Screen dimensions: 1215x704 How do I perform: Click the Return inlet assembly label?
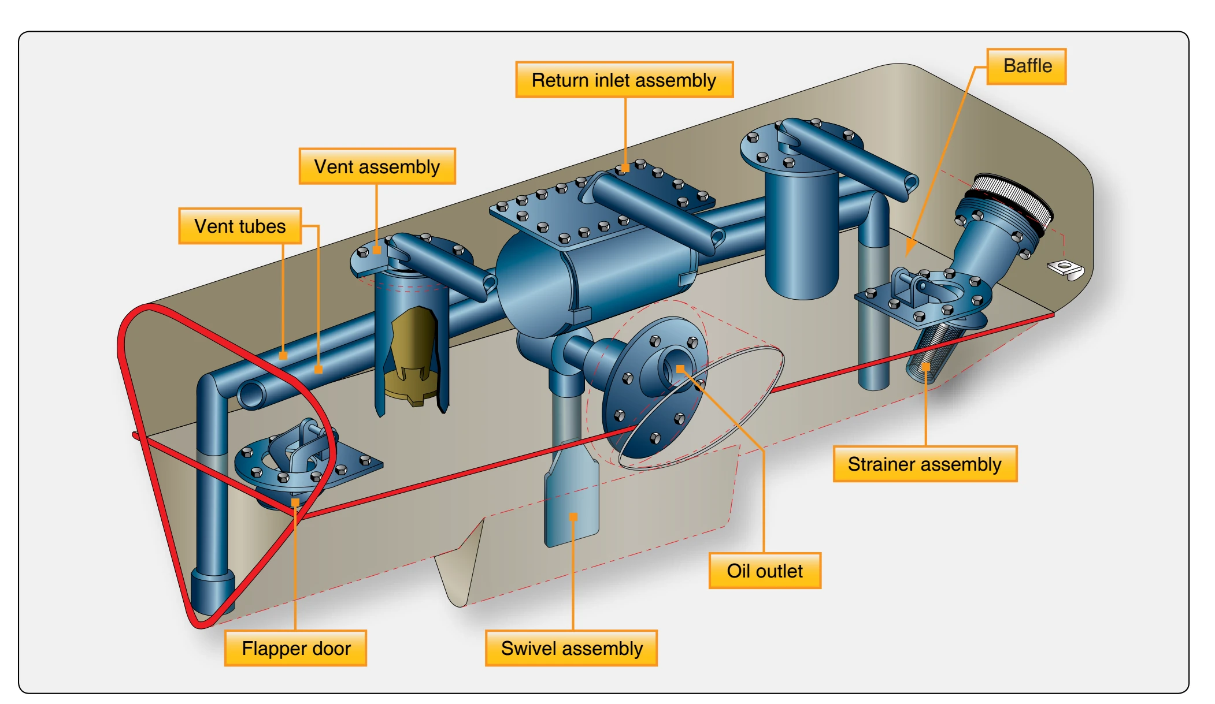click(624, 80)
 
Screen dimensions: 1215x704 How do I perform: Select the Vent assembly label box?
click(377, 166)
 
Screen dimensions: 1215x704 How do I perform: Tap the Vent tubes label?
click(240, 226)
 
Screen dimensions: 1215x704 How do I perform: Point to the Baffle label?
click(1027, 66)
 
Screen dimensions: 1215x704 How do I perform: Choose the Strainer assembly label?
click(925, 464)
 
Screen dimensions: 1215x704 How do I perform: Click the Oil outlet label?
click(765, 571)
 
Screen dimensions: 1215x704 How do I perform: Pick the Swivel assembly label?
click(572, 648)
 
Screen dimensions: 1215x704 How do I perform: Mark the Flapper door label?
click(295, 648)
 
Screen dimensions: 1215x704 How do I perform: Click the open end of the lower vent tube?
click(250, 395)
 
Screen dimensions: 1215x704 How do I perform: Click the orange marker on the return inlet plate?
click(625, 168)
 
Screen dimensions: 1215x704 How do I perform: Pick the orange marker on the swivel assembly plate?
click(573, 517)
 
